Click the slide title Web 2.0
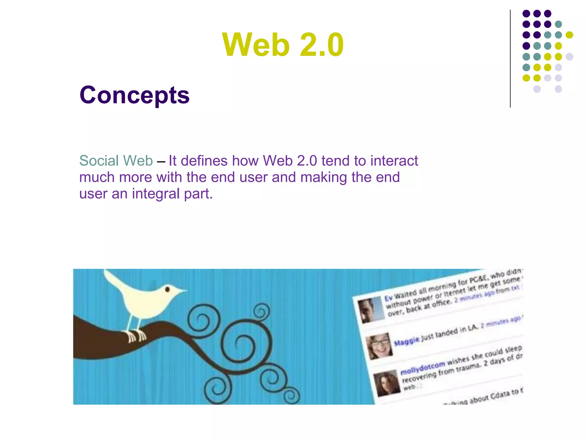283,45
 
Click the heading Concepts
134,95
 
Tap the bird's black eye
168,289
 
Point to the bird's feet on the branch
137,336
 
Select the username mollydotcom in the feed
423,368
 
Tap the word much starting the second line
97,177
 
